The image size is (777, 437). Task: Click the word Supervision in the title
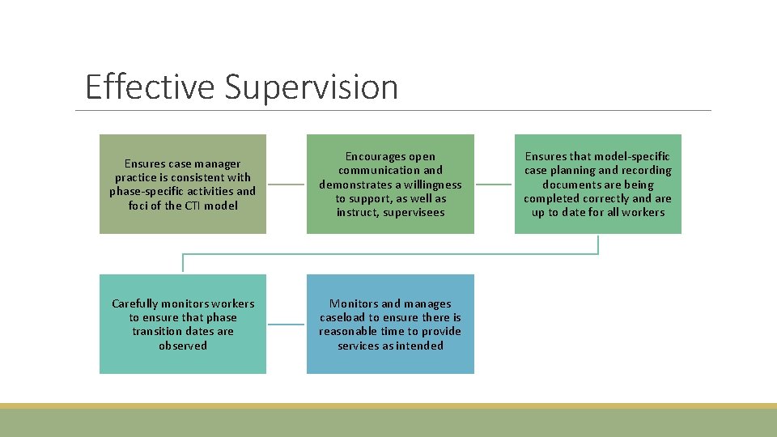(x=312, y=87)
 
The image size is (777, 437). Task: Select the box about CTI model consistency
(x=183, y=184)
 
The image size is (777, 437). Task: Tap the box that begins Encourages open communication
(x=390, y=184)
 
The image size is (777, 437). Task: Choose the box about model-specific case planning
(x=597, y=184)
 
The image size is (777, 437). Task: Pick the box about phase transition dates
(x=183, y=324)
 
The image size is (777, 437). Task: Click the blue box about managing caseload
(x=390, y=324)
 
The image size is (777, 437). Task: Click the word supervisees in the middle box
(x=413, y=212)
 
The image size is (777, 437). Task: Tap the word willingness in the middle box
(x=432, y=185)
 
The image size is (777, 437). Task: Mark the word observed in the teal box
(x=183, y=346)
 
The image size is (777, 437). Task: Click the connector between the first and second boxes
(x=287, y=184)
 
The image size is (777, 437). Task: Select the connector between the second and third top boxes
(x=494, y=184)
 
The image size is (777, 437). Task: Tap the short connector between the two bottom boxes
(x=287, y=325)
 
